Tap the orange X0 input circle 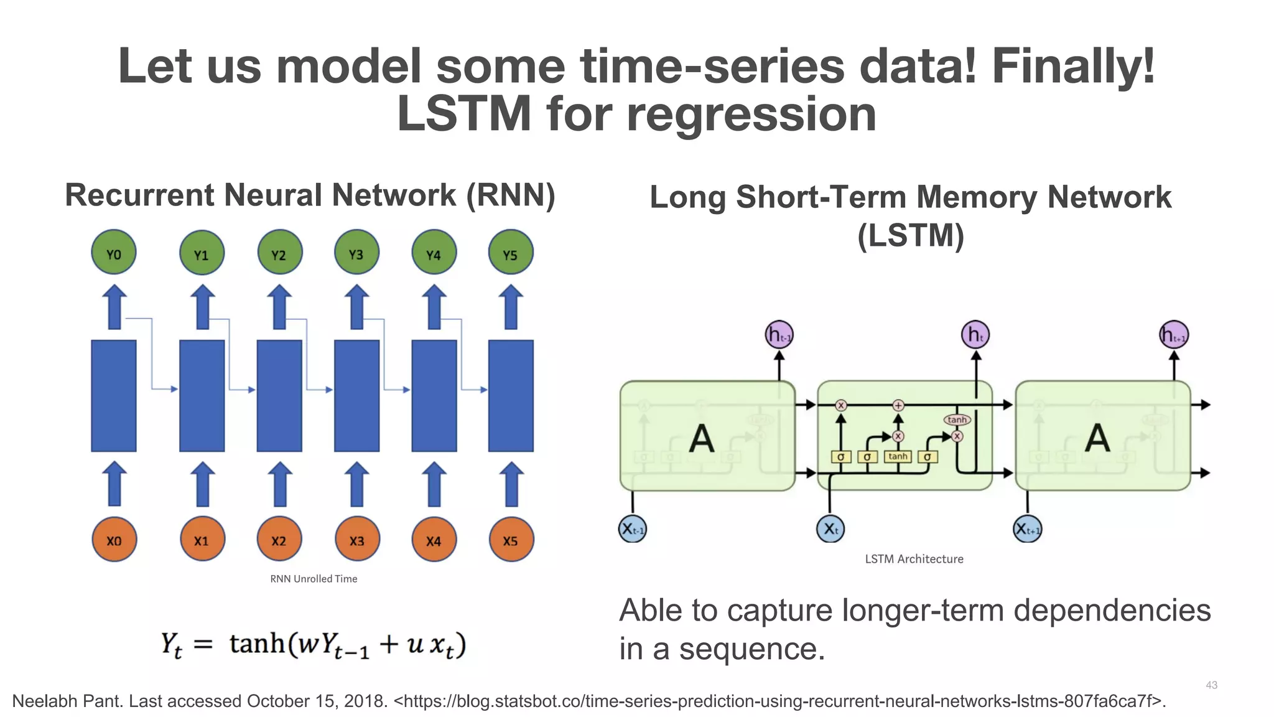click(x=114, y=540)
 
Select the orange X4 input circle click(x=434, y=540)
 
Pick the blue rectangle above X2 click(x=279, y=396)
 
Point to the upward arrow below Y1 click(x=202, y=307)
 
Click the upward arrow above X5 click(x=511, y=484)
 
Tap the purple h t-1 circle click(x=778, y=335)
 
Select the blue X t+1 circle click(x=1027, y=529)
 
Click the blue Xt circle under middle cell click(x=830, y=529)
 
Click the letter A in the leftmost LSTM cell click(x=701, y=438)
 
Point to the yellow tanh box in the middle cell click(x=898, y=457)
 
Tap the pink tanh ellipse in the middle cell click(x=957, y=420)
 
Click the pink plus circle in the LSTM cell click(x=898, y=405)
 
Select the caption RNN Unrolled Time click(x=314, y=579)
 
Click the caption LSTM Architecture click(x=914, y=559)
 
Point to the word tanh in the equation click(x=257, y=643)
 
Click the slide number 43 click(x=1211, y=685)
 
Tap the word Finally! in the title click(x=1072, y=66)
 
